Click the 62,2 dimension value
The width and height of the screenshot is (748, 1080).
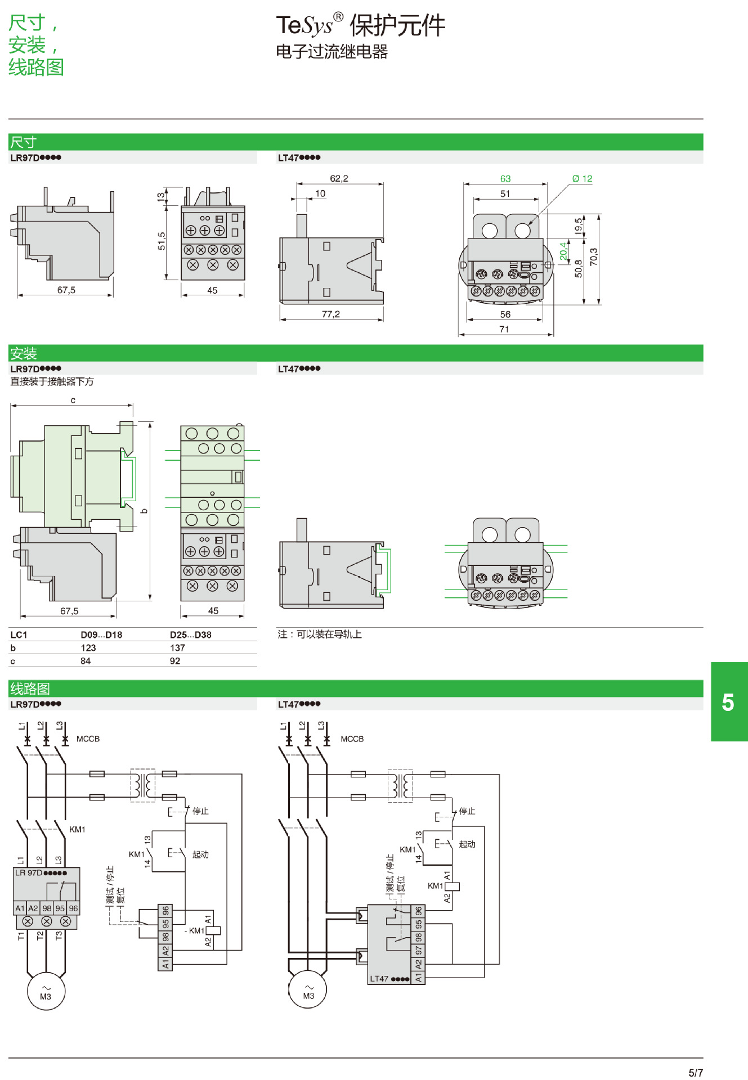pos(339,179)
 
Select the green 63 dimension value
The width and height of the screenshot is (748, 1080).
pos(505,179)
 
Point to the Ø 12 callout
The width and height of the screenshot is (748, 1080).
pos(582,179)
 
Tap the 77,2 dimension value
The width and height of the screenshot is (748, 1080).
pos(331,314)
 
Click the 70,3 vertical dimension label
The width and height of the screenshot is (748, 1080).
pos(594,257)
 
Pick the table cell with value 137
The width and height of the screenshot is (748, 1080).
pos(177,648)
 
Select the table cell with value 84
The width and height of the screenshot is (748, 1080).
pos(86,661)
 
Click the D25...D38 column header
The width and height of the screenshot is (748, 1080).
pos(190,635)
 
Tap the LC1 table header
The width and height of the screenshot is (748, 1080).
pos(19,635)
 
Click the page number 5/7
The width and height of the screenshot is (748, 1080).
pos(696,1073)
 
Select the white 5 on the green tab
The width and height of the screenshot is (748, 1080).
pos(728,703)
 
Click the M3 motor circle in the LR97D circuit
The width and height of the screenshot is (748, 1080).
pos(46,992)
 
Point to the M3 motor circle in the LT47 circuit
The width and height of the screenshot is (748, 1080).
pos(308,991)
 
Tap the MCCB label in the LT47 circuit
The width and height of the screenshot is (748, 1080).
pos(352,739)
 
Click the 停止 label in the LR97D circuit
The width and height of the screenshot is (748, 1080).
pos(200,811)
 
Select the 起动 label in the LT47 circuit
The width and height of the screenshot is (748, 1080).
pos(467,844)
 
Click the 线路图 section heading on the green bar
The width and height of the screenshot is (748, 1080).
pos(30,689)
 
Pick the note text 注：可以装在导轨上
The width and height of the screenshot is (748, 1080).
pos(320,634)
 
